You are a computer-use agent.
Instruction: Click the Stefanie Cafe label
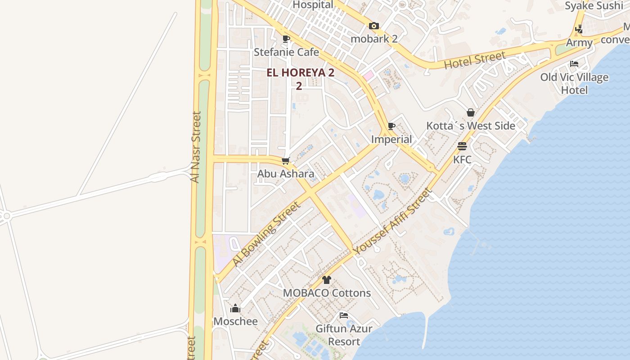[286, 52]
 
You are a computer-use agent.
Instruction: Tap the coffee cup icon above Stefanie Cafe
[286, 39]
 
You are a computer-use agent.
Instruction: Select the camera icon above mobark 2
[373, 26]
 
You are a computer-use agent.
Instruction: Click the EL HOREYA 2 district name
[300, 73]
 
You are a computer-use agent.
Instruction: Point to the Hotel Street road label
[474, 61]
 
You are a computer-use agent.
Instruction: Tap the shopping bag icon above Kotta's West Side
[470, 112]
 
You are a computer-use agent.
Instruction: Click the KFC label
[462, 160]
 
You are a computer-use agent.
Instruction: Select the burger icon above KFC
[462, 146]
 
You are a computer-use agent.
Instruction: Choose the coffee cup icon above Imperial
[391, 126]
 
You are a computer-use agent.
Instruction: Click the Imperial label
[391, 139]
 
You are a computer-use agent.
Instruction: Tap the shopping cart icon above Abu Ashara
[285, 161]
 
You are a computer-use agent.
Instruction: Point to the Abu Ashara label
[286, 174]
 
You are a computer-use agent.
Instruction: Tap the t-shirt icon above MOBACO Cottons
[327, 280]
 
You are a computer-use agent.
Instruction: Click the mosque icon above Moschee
[235, 308]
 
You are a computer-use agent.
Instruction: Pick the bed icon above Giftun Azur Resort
[344, 315]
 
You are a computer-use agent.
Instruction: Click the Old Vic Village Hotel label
[574, 83]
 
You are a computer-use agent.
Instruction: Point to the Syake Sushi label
[594, 6]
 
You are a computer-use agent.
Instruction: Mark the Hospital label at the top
[313, 5]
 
